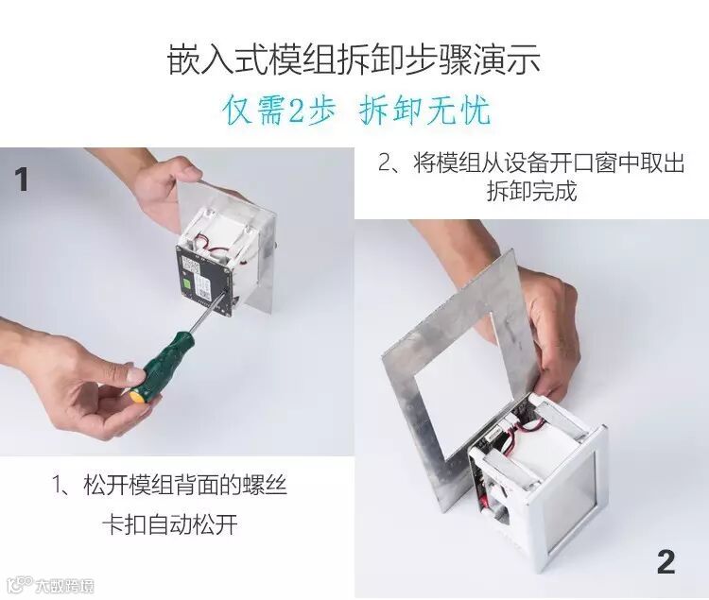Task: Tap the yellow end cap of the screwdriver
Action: pos(136,395)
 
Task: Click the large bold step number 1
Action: pos(21,180)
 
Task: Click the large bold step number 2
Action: pos(666,561)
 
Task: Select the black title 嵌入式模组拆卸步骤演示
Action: pos(354,60)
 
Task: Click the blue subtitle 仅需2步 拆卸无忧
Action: pos(357,110)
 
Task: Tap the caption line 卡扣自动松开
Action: pos(170,524)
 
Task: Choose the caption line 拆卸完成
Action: pos(531,191)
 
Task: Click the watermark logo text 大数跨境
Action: pos(65,586)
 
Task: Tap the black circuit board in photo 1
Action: pos(203,280)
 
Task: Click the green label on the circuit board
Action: pos(187,284)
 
